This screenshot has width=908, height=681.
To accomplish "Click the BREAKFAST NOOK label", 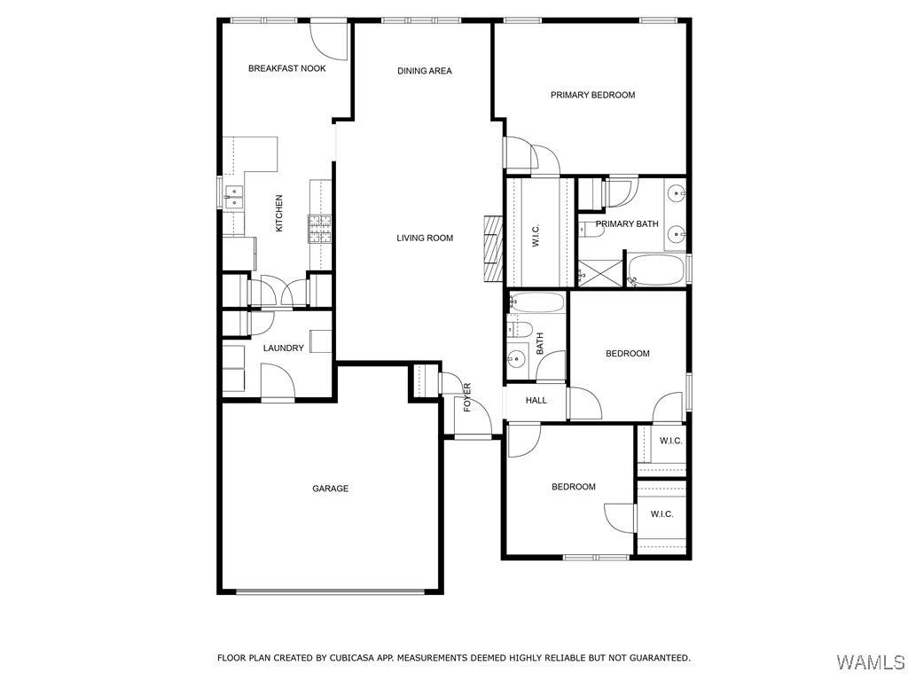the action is (x=286, y=68).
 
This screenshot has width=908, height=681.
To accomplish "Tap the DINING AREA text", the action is (x=425, y=71).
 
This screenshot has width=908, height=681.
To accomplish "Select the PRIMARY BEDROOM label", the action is (x=592, y=95).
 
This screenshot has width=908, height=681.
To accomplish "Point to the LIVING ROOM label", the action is (x=425, y=238).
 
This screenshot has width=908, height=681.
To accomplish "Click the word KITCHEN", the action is (x=279, y=213).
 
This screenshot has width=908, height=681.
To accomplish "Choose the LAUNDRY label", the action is (x=283, y=348).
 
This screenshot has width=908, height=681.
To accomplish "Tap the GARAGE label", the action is (x=330, y=489).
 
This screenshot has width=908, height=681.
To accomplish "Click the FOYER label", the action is (x=467, y=397).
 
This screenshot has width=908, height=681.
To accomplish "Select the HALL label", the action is (x=536, y=400).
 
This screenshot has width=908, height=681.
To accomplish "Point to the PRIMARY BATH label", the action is (x=627, y=223).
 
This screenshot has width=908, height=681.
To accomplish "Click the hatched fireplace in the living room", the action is (x=493, y=248).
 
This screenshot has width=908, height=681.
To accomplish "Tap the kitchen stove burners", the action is (x=319, y=228).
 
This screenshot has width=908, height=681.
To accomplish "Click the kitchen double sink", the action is (x=233, y=197).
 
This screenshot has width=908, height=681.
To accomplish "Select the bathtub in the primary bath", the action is (x=655, y=270).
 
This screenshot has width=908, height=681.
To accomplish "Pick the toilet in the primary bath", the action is (x=591, y=231).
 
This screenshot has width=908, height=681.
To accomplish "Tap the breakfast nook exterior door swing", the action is (x=329, y=41).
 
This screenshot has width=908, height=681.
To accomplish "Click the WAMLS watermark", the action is (x=871, y=661).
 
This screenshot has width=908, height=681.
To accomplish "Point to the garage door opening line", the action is (x=330, y=591).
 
